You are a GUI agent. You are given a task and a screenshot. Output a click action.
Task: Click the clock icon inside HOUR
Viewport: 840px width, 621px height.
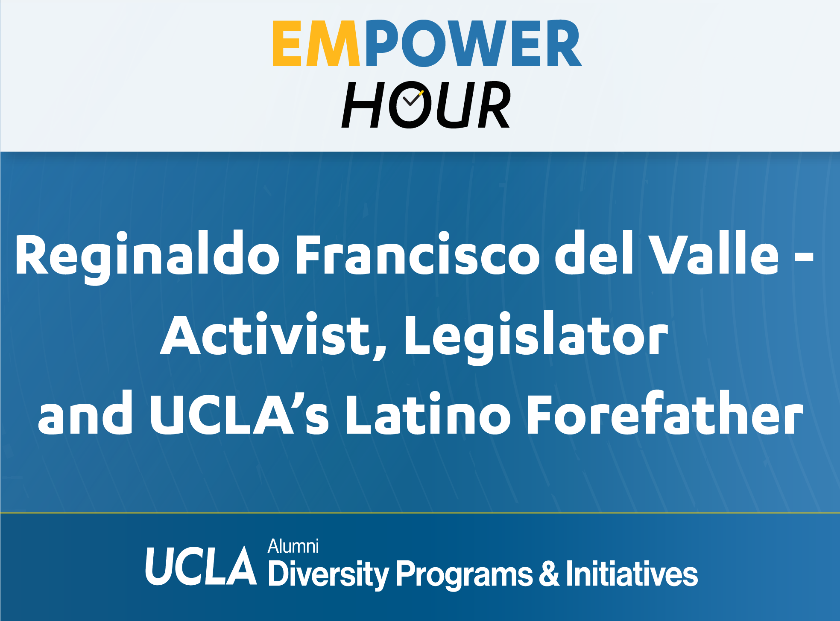[x=411, y=105]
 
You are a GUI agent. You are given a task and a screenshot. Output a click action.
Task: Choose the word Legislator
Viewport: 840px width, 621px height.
[x=536, y=338]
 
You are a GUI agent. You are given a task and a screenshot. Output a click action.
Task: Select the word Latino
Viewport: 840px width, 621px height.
[x=428, y=414]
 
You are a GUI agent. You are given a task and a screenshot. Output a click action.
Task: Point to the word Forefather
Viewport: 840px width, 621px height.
[x=665, y=413]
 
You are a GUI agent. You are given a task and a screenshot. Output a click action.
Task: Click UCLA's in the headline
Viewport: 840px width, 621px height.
[x=239, y=414]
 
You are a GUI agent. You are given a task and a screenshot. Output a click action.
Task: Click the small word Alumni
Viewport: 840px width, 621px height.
[x=293, y=546]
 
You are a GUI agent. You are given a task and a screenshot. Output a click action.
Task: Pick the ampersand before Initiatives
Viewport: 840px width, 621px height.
[x=549, y=573]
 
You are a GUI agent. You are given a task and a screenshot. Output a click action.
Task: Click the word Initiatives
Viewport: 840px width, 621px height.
[x=632, y=573]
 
